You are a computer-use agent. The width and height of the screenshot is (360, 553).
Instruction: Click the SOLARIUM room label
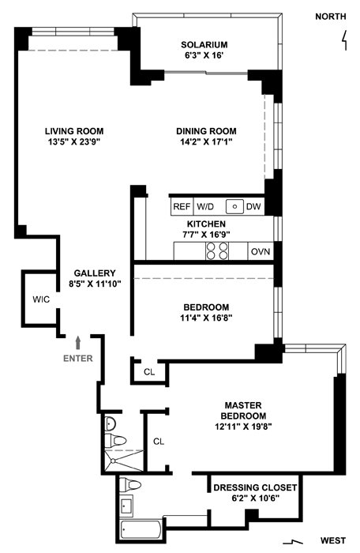pyautogui.click(x=204, y=45)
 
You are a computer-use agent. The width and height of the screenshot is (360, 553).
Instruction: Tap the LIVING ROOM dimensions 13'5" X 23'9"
pyautogui.click(x=74, y=141)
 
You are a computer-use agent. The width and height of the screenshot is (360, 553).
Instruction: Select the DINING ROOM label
pyautogui.click(x=206, y=131)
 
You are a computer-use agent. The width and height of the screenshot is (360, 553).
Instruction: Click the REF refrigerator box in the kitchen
pyautogui.click(x=182, y=206)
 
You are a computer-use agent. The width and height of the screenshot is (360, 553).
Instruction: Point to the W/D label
pyautogui.click(x=205, y=206)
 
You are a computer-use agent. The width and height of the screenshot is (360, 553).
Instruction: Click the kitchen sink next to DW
pyautogui.click(x=234, y=207)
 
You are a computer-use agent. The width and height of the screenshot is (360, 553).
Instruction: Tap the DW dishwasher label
pyautogui.click(x=253, y=206)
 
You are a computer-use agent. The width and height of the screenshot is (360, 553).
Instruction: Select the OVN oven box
pyautogui.click(x=261, y=251)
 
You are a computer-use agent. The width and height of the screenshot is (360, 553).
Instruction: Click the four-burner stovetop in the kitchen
pyautogui.click(x=217, y=251)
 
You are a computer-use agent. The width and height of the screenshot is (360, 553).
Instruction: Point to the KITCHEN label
pyautogui.click(x=206, y=224)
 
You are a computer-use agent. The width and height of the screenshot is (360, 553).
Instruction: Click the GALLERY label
pyautogui.click(x=95, y=273)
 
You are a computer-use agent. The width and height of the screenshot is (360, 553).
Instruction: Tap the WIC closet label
pyautogui.click(x=41, y=299)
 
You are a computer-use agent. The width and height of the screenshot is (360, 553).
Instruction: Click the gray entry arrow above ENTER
pyautogui.click(x=78, y=342)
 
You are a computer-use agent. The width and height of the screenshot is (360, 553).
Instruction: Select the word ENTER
pyautogui.click(x=78, y=359)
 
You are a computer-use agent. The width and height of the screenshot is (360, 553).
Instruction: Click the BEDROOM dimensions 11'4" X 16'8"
pyautogui.click(x=206, y=318)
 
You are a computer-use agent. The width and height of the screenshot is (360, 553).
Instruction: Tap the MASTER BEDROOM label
pyautogui.click(x=243, y=411)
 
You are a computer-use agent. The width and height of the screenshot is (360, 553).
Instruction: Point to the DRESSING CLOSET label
pyautogui.click(x=255, y=487)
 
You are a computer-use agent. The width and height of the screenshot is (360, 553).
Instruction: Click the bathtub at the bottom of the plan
pyautogui.click(x=141, y=529)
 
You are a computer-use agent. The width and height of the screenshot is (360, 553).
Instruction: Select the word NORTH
pyautogui.click(x=331, y=17)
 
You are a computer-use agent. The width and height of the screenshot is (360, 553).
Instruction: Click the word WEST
pyautogui.click(x=333, y=540)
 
